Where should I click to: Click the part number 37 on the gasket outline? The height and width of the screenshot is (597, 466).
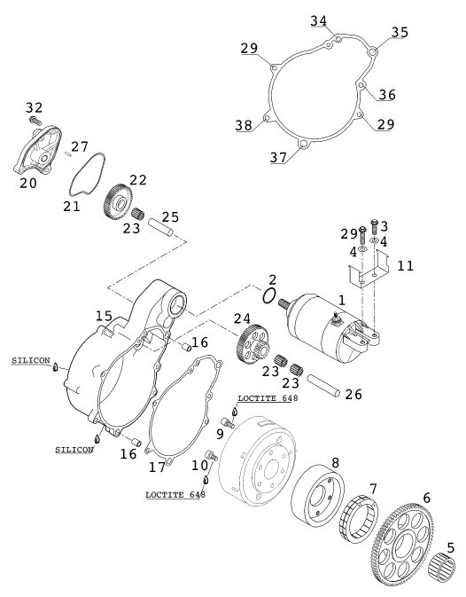[x=278, y=157]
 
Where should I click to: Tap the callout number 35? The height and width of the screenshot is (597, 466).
[x=400, y=32]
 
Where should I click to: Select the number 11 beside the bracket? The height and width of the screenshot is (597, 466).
[x=405, y=266]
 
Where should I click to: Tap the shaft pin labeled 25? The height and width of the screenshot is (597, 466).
[x=160, y=226]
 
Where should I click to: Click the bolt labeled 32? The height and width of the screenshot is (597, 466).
[x=35, y=121]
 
